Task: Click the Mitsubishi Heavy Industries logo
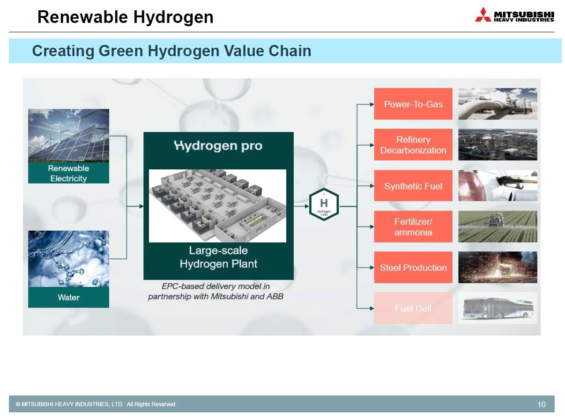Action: tap(514, 15)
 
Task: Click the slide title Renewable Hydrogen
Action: tap(125, 17)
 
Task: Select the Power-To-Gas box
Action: tap(413, 104)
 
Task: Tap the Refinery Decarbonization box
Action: tap(413, 145)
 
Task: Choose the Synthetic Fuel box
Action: tap(413, 186)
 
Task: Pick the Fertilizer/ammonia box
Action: tap(413, 227)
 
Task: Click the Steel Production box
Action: tap(413, 267)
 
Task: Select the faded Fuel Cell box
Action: tap(413, 308)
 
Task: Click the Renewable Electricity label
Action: tap(68, 173)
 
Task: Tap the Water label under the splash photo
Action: tap(68, 297)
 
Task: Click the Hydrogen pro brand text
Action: tap(218, 146)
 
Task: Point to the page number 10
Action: tap(541, 404)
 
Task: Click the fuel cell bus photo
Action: tap(497, 308)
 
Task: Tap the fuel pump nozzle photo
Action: tap(497, 186)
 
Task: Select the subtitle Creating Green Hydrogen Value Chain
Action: tap(171, 51)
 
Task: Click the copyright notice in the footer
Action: tap(96, 404)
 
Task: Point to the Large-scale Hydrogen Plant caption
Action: tap(218, 257)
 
